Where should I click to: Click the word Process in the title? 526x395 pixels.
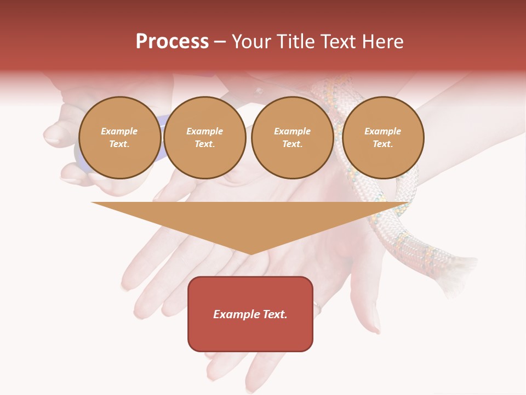pos(172,42)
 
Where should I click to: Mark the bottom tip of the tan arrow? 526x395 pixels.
pos(251,253)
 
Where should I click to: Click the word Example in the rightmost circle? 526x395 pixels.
pos(382,131)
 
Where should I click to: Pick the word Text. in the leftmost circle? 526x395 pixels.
pos(119,144)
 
